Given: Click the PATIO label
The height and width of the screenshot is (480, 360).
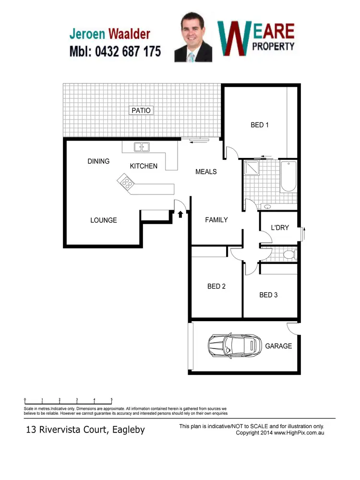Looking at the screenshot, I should pyautogui.click(x=141, y=110).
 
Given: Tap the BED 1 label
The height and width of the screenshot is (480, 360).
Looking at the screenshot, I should pyautogui.click(x=260, y=125).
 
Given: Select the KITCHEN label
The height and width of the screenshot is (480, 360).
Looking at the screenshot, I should pyautogui.click(x=144, y=166).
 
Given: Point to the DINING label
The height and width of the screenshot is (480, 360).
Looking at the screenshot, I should pyautogui.click(x=98, y=161).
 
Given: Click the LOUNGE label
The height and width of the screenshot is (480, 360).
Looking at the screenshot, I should pyautogui.click(x=104, y=220).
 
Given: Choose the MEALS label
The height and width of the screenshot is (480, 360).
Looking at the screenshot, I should pyautogui.click(x=206, y=171).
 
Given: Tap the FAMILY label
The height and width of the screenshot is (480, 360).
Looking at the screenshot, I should pyautogui.click(x=216, y=220).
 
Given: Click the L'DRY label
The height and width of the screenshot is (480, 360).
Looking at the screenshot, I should pyautogui.click(x=280, y=228).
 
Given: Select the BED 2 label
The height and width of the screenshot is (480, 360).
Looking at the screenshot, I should pyautogui.click(x=216, y=287).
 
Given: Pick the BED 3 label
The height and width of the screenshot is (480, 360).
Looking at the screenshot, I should pyautogui.click(x=268, y=295).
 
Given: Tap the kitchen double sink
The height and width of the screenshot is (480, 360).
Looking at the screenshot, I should pyautogui.click(x=142, y=147).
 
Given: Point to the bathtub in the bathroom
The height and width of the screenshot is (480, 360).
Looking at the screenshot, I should pyautogui.click(x=288, y=176).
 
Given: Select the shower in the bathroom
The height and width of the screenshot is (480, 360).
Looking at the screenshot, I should pyautogui.click(x=251, y=168).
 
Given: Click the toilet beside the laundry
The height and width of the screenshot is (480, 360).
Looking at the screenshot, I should pyautogui.click(x=288, y=254).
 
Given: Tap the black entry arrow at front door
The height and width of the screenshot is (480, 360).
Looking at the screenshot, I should pyautogui.click(x=180, y=214).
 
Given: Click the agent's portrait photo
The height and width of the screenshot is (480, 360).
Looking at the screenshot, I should pyautogui.click(x=193, y=37).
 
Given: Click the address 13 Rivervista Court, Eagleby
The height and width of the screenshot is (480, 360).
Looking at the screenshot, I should pyautogui.click(x=85, y=430).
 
